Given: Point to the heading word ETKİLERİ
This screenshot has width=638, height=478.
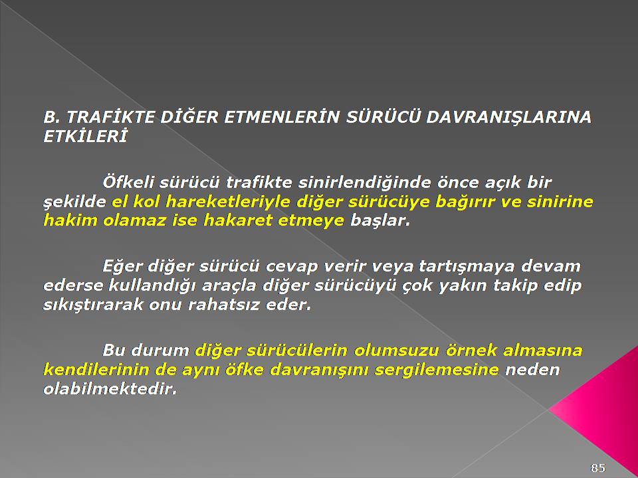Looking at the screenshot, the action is coord(85,136).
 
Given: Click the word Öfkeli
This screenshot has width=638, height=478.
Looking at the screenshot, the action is coord(128,182).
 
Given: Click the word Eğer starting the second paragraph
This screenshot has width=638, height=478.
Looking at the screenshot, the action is coord(122,267).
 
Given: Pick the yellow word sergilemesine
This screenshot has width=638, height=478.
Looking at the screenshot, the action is coord(436,370).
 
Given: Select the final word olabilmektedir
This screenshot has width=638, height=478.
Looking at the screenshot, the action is coord(110,388).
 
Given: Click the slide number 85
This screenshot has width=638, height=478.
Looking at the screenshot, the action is coord(597,467).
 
